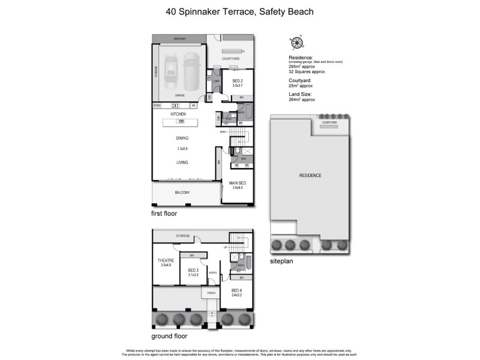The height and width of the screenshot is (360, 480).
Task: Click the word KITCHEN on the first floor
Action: click(178, 114)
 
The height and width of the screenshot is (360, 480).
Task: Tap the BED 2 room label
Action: click(238, 80)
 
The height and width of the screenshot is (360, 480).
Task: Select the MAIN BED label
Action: click(238, 182)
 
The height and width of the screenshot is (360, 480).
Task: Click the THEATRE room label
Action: click(166, 260)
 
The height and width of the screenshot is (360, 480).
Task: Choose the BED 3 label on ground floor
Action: click(193, 271)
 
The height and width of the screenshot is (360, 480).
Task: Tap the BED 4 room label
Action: click(238, 290)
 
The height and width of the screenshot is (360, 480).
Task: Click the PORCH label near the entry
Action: click(211, 293)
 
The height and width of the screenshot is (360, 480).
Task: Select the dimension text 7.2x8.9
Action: click(182, 148)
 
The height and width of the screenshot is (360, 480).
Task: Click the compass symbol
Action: click(296, 42)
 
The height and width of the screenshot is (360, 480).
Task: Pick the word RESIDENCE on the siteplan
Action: click(310, 175)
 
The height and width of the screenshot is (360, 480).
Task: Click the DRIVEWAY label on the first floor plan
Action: click(179, 39)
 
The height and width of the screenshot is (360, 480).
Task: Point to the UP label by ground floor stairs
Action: click(225, 247)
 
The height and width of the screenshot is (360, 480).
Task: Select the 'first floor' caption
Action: click(164, 213)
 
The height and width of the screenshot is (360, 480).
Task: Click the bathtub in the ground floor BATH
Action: click(248, 263)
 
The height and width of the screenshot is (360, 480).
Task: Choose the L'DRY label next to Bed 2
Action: click(217, 81)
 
